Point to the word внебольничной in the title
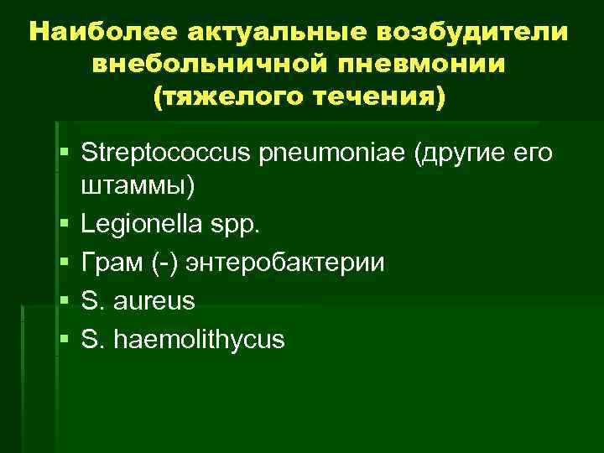pyautogui.click(x=200, y=65)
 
